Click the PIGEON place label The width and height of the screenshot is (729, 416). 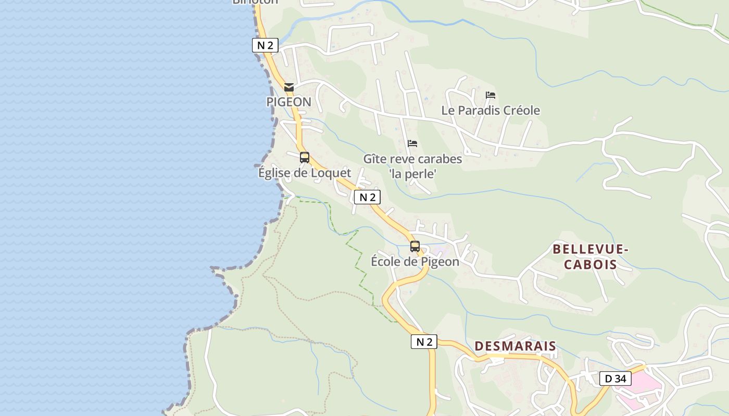[289, 102]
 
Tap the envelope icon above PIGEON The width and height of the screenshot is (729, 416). [289, 87]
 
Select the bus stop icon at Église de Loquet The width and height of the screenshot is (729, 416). [305, 157]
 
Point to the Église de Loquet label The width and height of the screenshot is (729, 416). [305, 173]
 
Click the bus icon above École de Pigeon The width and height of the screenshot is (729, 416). [415, 246]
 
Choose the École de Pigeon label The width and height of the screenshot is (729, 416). [415, 262]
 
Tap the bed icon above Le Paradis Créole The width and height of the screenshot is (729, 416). [491, 95]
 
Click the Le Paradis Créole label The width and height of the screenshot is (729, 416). [491, 110]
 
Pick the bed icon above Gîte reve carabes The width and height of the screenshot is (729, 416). [412, 144]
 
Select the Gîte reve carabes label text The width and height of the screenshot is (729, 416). [412, 159]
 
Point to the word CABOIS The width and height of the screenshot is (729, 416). [590, 264]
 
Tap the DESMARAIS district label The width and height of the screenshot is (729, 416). [515, 346]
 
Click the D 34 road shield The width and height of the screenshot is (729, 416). [615, 379]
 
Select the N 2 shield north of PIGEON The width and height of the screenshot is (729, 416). [265, 45]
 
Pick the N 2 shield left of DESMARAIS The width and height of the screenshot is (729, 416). [424, 342]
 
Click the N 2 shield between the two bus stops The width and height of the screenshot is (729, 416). [367, 197]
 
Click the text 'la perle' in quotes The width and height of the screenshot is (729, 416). [412, 174]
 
